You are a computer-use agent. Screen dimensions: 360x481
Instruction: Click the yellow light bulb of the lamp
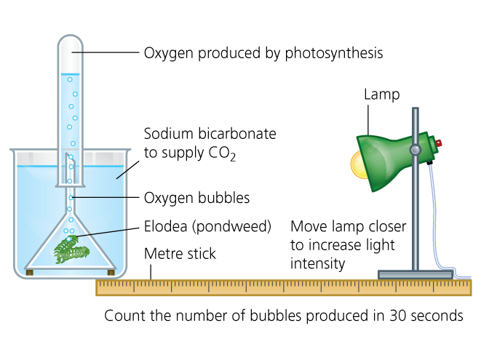(359, 164)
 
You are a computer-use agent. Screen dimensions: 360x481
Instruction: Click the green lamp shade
(389, 160)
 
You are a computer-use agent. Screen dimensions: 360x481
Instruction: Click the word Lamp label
(381, 95)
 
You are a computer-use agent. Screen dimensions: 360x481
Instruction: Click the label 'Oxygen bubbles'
(196, 198)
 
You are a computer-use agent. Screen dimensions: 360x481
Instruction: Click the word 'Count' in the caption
(123, 316)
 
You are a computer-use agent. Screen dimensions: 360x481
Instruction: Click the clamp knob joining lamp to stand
(415, 151)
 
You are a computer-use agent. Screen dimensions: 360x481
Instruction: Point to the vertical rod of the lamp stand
(416, 218)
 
